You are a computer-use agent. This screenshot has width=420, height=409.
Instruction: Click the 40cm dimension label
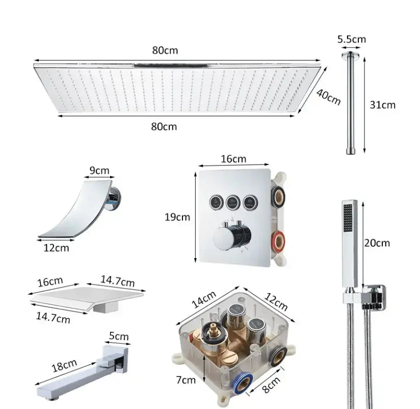(328, 96)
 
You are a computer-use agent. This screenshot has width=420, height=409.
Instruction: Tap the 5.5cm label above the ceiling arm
(352, 39)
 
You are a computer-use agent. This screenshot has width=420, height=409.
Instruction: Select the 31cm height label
(382, 105)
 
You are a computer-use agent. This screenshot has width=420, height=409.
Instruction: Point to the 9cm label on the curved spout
(99, 170)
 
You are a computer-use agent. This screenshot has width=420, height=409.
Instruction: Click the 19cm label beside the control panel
(177, 217)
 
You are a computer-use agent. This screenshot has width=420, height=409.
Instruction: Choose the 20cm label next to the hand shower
(377, 243)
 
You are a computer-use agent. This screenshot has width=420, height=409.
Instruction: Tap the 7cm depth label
(186, 379)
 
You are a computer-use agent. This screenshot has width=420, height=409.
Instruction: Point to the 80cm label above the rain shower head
(165, 50)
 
